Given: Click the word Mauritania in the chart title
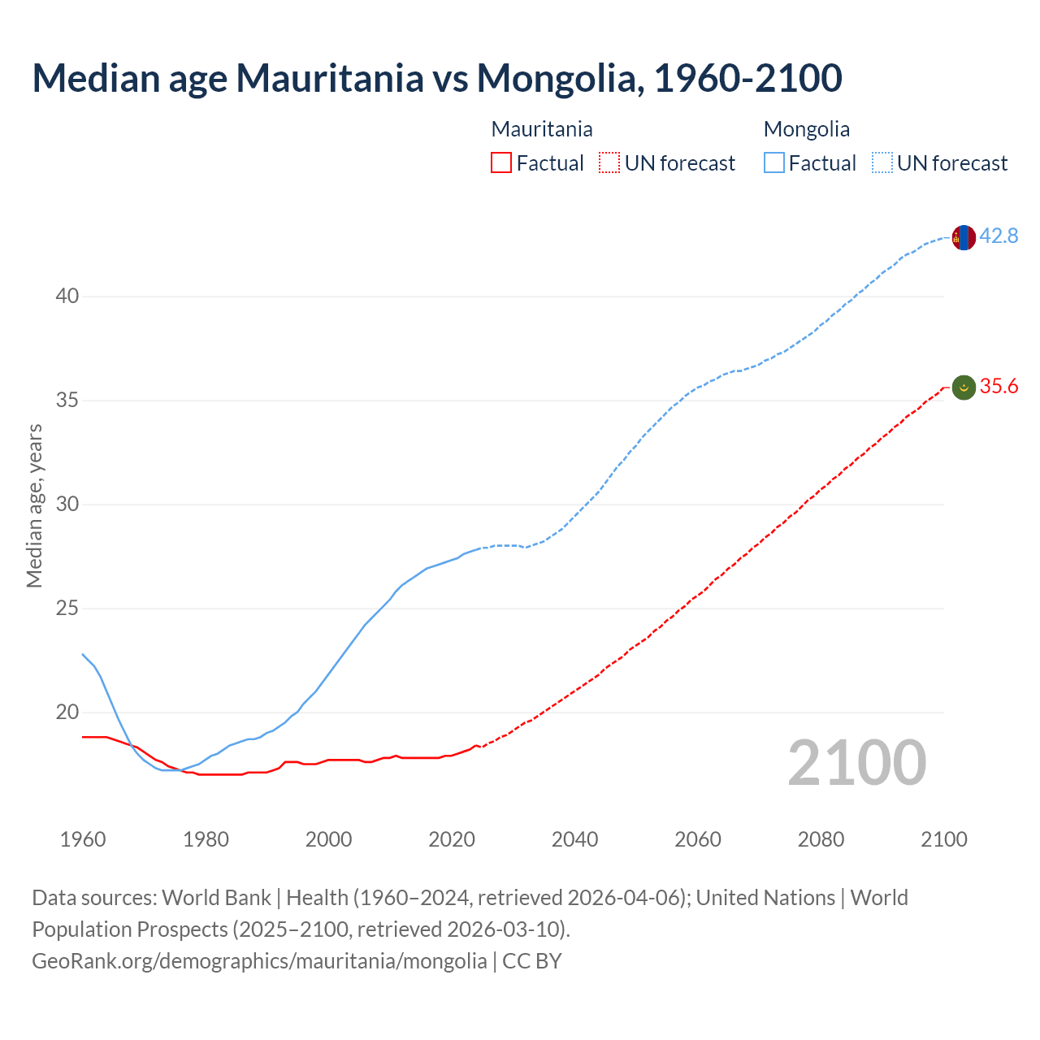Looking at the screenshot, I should pos(329,78).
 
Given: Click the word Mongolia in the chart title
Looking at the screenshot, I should pos(559,78).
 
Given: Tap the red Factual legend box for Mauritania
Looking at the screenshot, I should pos(501,163).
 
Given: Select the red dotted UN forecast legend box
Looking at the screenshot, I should pos(609,163).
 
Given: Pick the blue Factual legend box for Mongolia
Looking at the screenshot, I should pos(774,163).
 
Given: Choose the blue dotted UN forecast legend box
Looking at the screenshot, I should pos(882,163).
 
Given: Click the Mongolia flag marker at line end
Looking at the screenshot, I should pos(964,237).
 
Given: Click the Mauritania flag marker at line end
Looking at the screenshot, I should pos(964,388).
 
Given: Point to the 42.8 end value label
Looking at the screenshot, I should pos(999,236).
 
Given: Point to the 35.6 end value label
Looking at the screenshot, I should pos(999,387).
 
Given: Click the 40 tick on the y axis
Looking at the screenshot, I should pos(67,297).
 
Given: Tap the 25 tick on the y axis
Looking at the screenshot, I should pos(67,609).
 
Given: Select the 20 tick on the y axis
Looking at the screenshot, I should pos(67,713).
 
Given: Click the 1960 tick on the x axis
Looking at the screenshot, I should pos(83,839).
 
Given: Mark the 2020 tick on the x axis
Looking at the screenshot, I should pos(452,839).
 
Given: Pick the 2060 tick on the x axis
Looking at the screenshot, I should pos(698,839).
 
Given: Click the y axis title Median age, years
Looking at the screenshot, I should pos(34,505).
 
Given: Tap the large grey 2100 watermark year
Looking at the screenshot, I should pos(857,763).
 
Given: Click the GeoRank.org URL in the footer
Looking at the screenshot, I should pos(259,961).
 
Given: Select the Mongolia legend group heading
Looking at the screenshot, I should pos(807,129).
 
